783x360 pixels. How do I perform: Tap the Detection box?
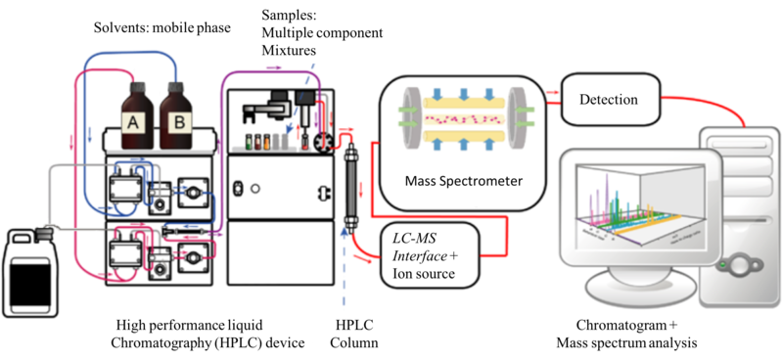click(x=608, y=99)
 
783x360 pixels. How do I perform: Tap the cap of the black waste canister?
click(x=43, y=231)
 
